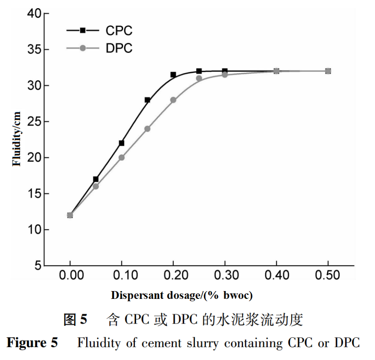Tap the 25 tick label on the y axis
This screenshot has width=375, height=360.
coord(34,122)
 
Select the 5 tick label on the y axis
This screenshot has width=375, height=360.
coord(38,266)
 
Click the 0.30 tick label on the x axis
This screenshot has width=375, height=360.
coord(225,275)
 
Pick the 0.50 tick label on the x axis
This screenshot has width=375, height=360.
coord(328,275)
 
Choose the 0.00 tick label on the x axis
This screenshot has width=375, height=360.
coord(71,275)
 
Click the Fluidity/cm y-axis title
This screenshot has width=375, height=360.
coord(17,139)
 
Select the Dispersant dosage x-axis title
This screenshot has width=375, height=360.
coord(181,295)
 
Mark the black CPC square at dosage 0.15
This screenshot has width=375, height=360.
coord(147,100)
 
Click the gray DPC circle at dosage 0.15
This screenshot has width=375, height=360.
coord(147,128)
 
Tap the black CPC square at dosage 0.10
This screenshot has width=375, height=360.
coord(121,143)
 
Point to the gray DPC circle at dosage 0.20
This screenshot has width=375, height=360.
coord(173,100)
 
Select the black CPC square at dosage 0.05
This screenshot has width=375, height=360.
coord(96,179)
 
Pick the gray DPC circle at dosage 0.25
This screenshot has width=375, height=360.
coord(199,78)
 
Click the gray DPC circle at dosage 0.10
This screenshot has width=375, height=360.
coord(121,157)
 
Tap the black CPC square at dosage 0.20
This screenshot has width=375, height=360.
coord(173,74)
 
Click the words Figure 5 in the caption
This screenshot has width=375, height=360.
coord(32,343)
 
